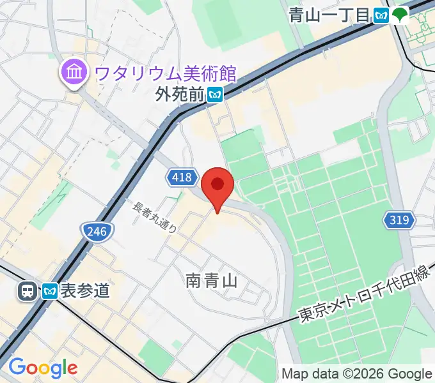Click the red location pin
coord(217,186)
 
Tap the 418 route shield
coord(182,177)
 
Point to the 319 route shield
coord(399,221)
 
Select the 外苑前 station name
coord(180,95)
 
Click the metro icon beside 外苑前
coord(215,95)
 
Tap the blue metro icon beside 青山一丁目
coord(382,15)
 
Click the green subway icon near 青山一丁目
coord(401,15)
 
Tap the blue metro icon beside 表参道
coord(51,291)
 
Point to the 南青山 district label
coord(212,280)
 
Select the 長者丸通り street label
coord(155,217)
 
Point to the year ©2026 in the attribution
coord(358,373)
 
